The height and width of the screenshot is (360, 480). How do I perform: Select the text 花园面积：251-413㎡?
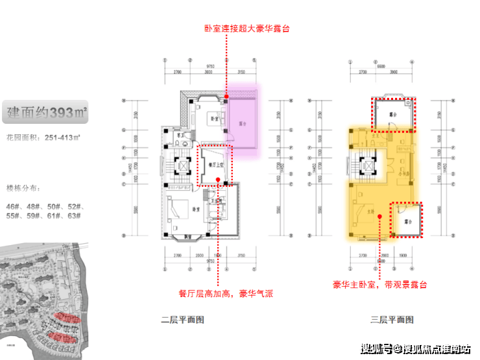pos(43,139)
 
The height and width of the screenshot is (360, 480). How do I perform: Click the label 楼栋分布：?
pos(22,189)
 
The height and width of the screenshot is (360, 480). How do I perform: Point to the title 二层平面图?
pos(183,319)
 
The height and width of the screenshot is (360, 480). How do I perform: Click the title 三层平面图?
pos(392,319)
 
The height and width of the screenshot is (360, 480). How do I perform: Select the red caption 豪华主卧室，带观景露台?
pos(379,285)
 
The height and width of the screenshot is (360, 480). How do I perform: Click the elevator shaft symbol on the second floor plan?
pos(184,165)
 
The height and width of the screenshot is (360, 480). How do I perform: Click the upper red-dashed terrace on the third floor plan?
pos(393,114)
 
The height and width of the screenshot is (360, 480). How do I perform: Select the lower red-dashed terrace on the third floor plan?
pos(405,220)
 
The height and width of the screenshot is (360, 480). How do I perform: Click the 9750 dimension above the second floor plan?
pos(210,66)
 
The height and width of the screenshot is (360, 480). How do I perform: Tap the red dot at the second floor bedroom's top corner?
pos(226,97)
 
